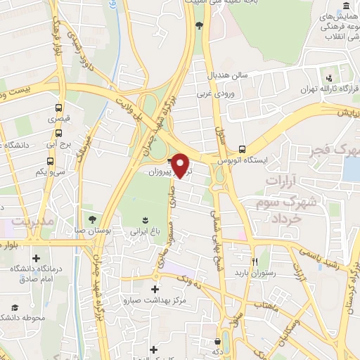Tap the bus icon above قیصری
pos(58,108)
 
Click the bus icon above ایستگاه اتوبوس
pos(242,149)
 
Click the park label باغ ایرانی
pos(146,231)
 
